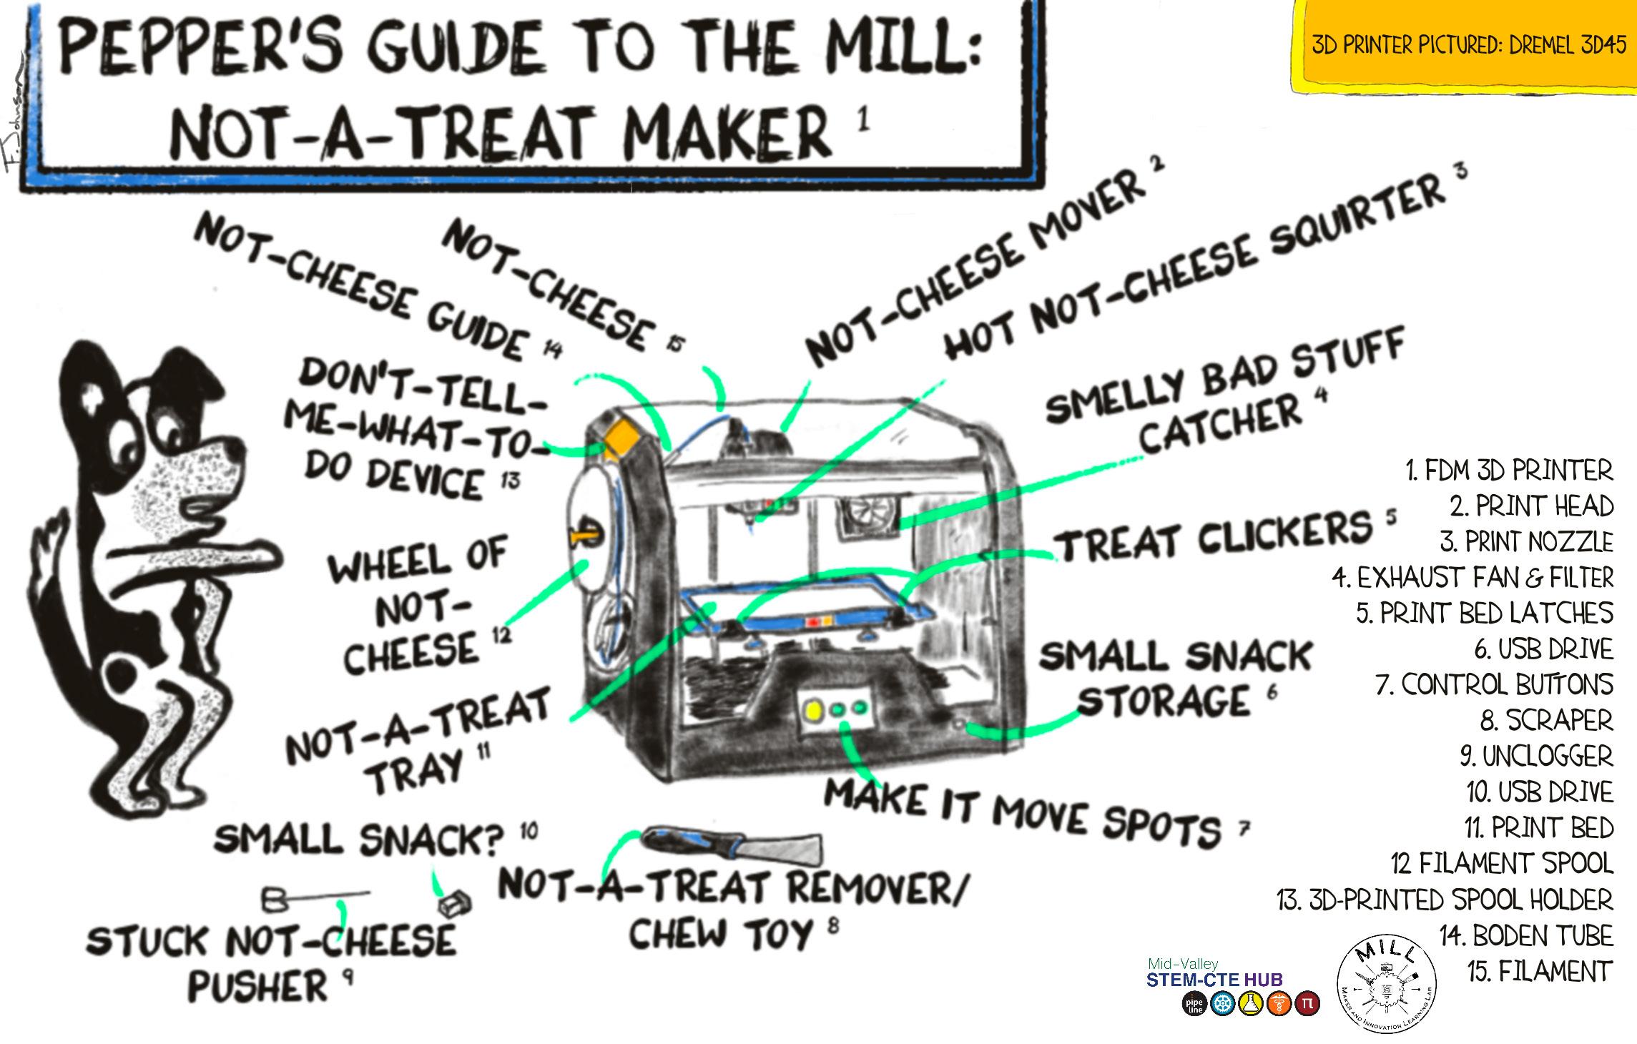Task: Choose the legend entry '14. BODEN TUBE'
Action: pos(1526,935)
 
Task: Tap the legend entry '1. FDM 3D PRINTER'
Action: pos(1509,471)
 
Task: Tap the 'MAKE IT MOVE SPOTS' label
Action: pos(1023,814)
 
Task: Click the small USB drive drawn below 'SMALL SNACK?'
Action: pos(456,904)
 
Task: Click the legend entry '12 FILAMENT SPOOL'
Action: pos(1502,864)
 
